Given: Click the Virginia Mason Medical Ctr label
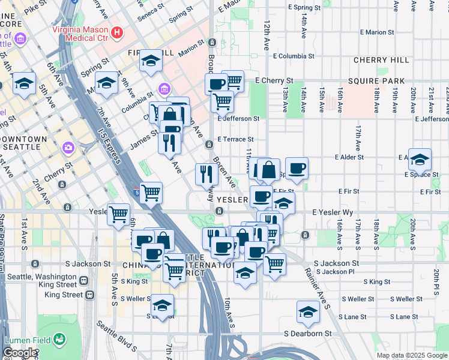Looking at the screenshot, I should click(80, 32).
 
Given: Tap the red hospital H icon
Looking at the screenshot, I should click(118, 32).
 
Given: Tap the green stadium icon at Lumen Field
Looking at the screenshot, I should click(59, 340).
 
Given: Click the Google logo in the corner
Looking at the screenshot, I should click(20, 353).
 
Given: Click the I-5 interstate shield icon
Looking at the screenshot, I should click(137, 193).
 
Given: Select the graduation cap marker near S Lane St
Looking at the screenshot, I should click(308, 312).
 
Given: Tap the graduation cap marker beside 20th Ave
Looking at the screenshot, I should click(420, 160).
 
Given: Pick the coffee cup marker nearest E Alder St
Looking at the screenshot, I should click(296, 169).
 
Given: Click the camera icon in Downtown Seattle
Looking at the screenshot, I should click(68, 147).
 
